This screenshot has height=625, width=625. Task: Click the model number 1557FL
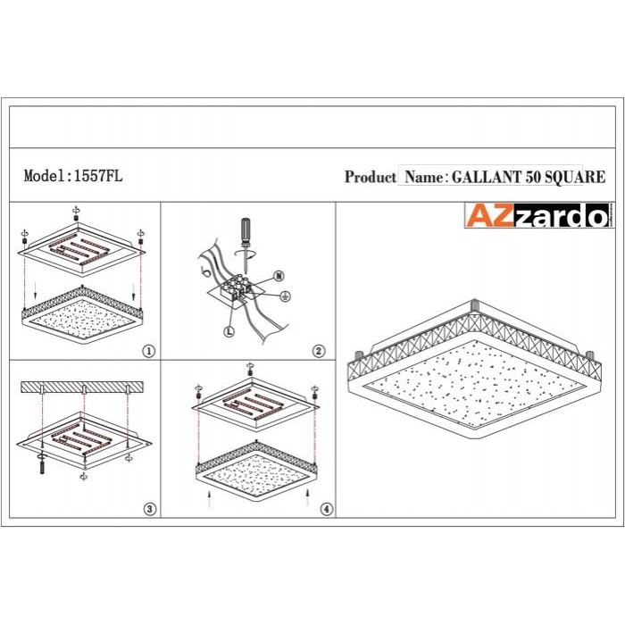click(98, 175)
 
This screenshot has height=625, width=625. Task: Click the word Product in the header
click(371, 177)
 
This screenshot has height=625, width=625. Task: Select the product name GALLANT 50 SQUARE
click(529, 177)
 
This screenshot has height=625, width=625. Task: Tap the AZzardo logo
click(538, 216)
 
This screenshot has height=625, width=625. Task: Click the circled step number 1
click(149, 351)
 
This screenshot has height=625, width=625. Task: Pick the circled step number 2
click(318, 351)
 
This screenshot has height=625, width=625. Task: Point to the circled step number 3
click(150, 509)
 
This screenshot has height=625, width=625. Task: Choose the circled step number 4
click(327, 509)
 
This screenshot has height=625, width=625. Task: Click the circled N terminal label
click(279, 276)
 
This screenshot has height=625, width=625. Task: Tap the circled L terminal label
click(229, 331)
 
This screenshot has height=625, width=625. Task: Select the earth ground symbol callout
click(285, 296)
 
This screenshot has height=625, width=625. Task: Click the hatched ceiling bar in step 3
click(82, 387)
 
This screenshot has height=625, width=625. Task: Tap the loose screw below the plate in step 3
click(41, 466)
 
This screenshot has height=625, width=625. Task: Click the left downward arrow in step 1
click(36, 290)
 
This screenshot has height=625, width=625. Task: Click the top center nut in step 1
click(76, 218)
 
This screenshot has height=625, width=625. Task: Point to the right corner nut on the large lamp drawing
click(590, 355)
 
